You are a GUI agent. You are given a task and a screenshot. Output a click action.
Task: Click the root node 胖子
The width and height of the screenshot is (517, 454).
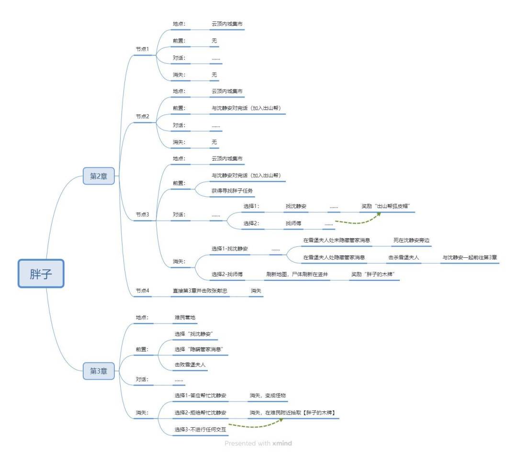click(41, 273)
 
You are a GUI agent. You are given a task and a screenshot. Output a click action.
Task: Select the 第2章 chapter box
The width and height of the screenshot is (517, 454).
click(99, 176)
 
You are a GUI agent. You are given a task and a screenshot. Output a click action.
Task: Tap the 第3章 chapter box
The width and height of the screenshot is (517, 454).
click(99, 371)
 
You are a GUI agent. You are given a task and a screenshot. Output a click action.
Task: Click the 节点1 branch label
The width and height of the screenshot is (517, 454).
click(143, 49)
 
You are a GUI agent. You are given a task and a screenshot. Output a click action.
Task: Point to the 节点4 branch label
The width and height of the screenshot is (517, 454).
click(143, 290)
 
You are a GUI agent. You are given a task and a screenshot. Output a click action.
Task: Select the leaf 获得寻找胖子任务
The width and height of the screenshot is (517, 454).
click(232, 190)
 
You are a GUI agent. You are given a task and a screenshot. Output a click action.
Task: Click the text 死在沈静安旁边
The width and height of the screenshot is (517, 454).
click(411, 240)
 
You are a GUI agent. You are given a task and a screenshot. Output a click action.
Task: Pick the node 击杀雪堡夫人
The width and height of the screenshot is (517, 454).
click(404, 257)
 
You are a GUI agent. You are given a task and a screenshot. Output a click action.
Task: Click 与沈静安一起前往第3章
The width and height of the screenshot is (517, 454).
click(470, 257)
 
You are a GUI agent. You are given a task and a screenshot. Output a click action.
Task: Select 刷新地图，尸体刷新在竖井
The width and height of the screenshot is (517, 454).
click(297, 274)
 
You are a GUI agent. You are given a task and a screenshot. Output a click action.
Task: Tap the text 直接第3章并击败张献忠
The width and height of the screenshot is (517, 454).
click(200, 290)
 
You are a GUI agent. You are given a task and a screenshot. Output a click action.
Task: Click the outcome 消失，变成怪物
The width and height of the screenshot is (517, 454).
click(268, 396)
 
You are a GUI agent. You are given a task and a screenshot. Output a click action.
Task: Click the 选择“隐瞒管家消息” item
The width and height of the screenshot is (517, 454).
click(200, 349)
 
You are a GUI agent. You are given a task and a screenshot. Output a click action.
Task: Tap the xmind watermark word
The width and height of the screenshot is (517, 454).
click(282, 443)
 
